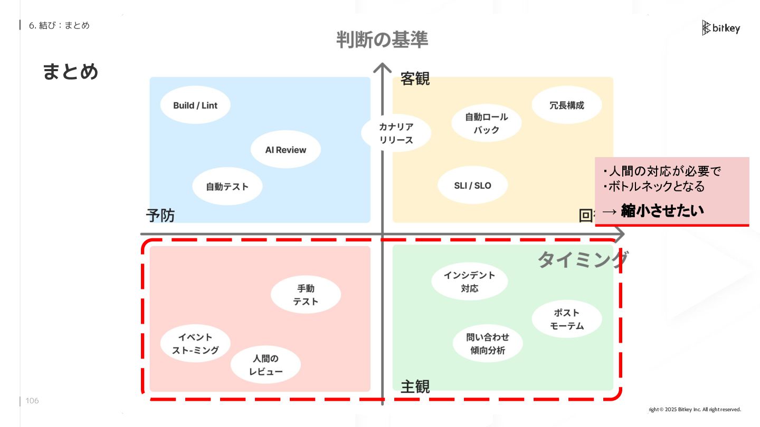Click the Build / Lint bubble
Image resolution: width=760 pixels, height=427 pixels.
pyautogui.click(x=195, y=105)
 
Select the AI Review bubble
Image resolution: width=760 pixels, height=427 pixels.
pyautogui.click(x=286, y=150)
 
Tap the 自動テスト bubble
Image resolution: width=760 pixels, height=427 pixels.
pyautogui.click(x=227, y=186)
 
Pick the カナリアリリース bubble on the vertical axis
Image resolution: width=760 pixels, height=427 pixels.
pyautogui.click(x=396, y=133)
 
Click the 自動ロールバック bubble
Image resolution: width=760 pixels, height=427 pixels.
pyautogui.click(x=487, y=123)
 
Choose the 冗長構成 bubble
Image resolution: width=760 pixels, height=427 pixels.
pyautogui.click(x=567, y=105)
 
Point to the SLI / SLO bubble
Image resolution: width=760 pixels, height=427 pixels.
pyautogui.click(x=472, y=185)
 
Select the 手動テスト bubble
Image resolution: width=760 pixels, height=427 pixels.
pyautogui.click(x=306, y=295)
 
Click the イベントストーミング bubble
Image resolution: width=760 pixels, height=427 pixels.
pyautogui.click(x=195, y=344)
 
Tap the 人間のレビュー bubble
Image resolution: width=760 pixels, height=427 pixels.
pyautogui.click(x=265, y=365)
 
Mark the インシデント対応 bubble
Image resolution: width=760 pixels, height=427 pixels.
pyautogui.click(x=469, y=282)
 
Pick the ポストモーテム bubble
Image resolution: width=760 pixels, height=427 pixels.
pyautogui.click(x=567, y=319)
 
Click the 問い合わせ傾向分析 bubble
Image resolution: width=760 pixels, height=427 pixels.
pyautogui.click(x=488, y=344)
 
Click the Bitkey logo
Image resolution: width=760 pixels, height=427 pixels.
pyautogui.click(x=721, y=28)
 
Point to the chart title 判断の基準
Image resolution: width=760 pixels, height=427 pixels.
pyautogui.click(x=382, y=40)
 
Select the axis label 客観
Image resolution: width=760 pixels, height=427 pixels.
pyautogui.click(x=415, y=79)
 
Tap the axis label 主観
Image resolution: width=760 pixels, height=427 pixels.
pyautogui.click(x=415, y=386)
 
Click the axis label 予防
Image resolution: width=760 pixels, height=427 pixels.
pyautogui.click(x=160, y=215)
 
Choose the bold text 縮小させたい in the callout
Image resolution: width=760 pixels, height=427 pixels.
pyautogui.click(x=662, y=210)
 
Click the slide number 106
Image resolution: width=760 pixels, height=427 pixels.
pyautogui.click(x=32, y=401)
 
